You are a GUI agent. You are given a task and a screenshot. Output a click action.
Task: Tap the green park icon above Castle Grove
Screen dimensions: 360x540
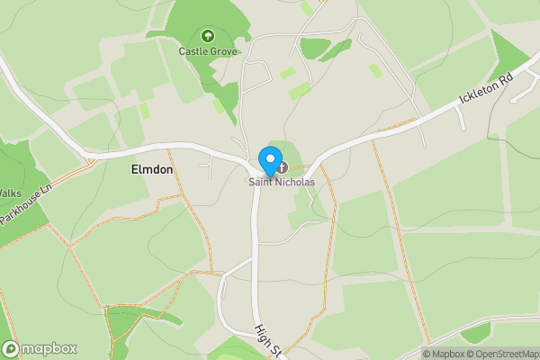click(x=208, y=36)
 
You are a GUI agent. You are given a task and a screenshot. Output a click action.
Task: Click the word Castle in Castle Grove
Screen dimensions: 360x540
click(x=193, y=51)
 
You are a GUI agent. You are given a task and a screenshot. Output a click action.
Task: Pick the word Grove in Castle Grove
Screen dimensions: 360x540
click(x=223, y=51)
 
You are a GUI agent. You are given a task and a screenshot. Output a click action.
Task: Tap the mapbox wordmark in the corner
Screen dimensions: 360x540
click(x=49, y=348)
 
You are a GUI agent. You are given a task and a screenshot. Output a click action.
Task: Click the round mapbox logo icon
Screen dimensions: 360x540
click(x=11, y=348)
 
